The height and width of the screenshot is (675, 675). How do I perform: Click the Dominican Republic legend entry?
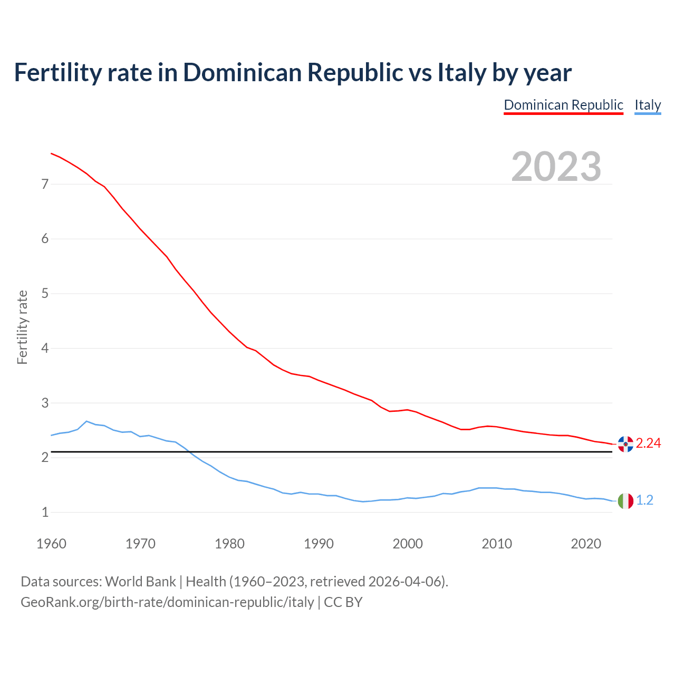(563, 105)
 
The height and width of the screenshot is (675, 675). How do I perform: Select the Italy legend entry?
(648, 105)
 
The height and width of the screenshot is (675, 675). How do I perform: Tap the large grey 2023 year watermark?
(556, 167)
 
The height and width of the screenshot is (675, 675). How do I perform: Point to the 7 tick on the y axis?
(45, 185)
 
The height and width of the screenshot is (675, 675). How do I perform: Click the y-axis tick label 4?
(45, 349)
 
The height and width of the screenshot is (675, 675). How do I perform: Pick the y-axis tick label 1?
(45, 513)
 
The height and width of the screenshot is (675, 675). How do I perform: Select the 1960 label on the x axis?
(51, 544)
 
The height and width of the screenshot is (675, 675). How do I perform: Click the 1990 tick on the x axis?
(319, 544)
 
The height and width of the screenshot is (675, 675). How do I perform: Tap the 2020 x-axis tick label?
(586, 544)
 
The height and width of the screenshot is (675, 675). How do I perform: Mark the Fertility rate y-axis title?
(22, 327)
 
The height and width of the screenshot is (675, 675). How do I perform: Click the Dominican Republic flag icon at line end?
(625, 444)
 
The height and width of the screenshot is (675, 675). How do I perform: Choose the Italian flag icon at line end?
(625, 500)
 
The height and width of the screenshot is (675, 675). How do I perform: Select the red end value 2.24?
(648, 443)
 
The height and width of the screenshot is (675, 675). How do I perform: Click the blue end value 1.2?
(644, 500)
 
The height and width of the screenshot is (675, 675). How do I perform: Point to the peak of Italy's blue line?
(86, 421)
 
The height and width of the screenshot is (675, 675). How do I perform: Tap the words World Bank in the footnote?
(140, 582)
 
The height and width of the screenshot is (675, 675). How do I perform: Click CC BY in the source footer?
(343, 602)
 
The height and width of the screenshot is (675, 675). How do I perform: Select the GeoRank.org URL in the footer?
(167, 602)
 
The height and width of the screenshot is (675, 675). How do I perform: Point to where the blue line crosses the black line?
(188, 452)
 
